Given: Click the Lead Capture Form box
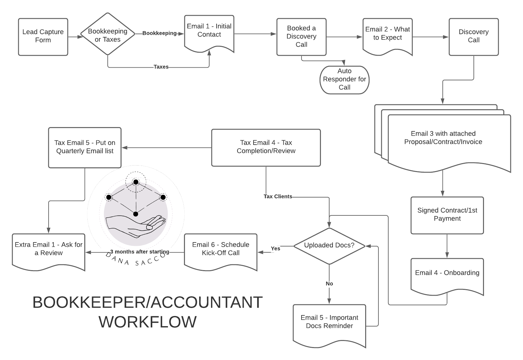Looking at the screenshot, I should pyautogui.click(x=43, y=37).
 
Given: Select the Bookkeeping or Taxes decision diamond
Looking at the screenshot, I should pyautogui.click(x=107, y=34).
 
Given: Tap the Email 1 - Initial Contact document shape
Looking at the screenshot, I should pyautogui.click(x=209, y=32).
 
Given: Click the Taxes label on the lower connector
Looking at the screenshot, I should pyautogui.click(x=161, y=67).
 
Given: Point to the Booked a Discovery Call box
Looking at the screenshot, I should pyautogui.click(x=301, y=37).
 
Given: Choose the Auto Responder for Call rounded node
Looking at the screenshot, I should pyautogui.click(x=344, y=79).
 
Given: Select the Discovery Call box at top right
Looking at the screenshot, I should pyautogui.click(x=473, y=37).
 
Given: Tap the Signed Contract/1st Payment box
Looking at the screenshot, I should pyautogui.click(x=447, y=215).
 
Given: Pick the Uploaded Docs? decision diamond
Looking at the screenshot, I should pyautogui.click(x=329, y=246).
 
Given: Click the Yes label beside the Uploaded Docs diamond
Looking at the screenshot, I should pyautogui.click(x=275, y=249).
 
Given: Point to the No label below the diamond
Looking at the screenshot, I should pyautogui.click(x=329, y=284).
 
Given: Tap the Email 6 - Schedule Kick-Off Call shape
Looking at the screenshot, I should pyautogui.click(x=221, y=250).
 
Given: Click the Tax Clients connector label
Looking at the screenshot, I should pyautogui.click(x=278, y=197).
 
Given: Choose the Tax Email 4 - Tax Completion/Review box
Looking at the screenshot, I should pyautogui.click(x=266, y=147).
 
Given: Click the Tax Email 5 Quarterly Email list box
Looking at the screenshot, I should pyautogui.click(x=85, y=147).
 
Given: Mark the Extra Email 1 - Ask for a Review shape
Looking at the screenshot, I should pyautogui.click(x=49, y=250).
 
